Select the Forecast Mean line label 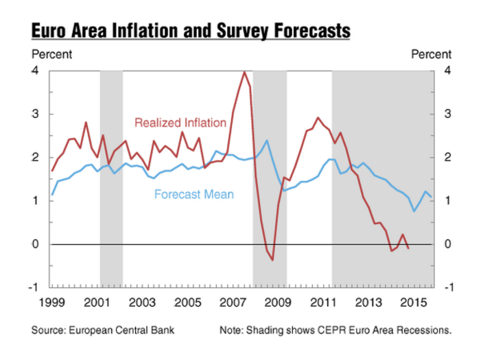click(x=194, y=194)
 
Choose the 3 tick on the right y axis click(x=447, y=114)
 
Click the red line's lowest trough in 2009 click(x=272, y=260)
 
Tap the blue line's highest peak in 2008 click(x=267, y=141)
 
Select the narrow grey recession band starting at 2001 click(x=111, y=178)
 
